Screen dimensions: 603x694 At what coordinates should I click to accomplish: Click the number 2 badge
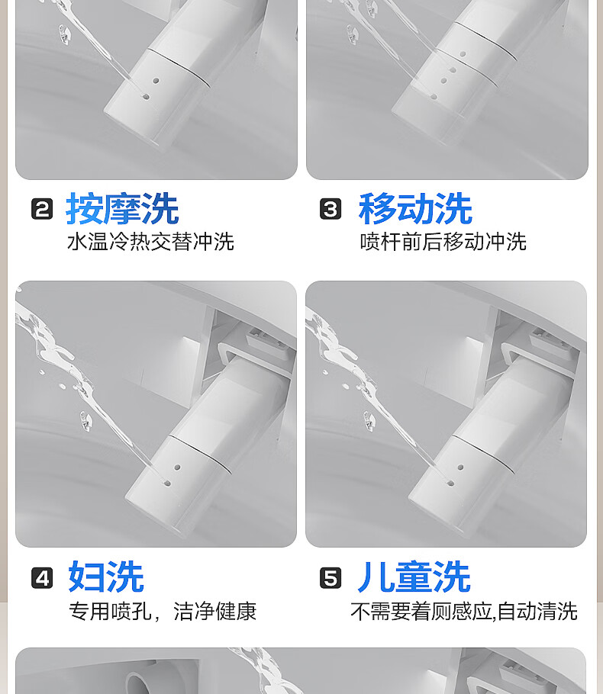pyautogui.click(x=42, y=209)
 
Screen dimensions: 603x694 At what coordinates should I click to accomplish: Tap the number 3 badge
pyautogui.click(x=331, y=209)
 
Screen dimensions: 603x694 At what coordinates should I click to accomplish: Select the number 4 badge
pyautogui.click(x=42, y=578)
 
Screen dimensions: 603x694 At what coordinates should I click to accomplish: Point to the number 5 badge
pyautogui.click(x=331, y=578)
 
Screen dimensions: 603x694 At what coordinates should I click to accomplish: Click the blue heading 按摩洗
pyautogui.click(x=122, y=208)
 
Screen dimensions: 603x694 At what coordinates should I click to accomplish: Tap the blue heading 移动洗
pyautogui.click(x=415, y=208)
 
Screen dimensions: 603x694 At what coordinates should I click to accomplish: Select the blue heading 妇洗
pyautogui.click(x=106, y=577)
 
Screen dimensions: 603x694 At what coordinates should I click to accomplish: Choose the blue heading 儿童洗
pyautogui.click(x=414, y=577)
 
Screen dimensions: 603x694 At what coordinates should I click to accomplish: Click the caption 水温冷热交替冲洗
pyautogui.click(x=150, y=242)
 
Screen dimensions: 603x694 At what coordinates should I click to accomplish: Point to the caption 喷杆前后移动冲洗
pyautogui.click(x=443, y=242)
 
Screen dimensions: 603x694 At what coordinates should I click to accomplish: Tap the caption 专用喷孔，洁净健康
pyautogui.click(x=163, y=611)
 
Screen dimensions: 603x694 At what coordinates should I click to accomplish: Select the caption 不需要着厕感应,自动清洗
pyautogui.click(x=464, y=611)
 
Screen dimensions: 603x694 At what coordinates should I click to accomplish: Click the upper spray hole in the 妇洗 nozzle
pyautogui.click(x=177, y=467)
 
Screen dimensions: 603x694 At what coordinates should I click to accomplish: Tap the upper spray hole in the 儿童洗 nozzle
pyautogui.click(x=461, y=467)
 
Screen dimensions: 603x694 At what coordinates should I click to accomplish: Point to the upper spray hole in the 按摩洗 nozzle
pyautogui.click(x=156, y=81)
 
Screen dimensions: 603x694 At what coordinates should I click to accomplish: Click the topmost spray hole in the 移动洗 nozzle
pyautogui.click(x=463, y=54)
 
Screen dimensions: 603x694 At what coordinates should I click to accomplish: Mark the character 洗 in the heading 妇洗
pyautogui.click(x=125, y=577)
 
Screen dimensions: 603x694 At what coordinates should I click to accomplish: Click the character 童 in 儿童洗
pyautogui.click(x=414, y=577)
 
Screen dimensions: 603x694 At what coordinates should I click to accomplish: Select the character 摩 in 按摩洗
pyautogui.click(x=122, y=208)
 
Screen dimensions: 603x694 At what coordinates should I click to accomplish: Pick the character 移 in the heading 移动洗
pyautogui.click(x=378, y=208)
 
